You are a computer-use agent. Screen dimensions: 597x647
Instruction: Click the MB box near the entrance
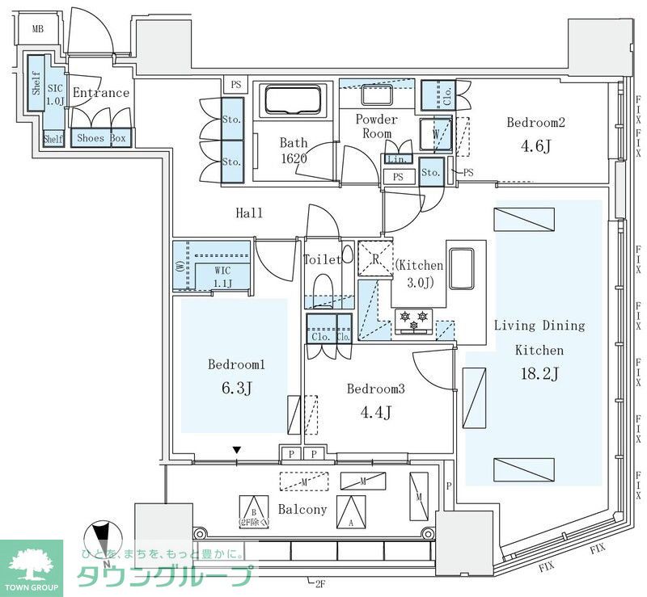(x=38, y=30)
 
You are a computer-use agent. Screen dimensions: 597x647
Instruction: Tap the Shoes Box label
(x=100, y=138)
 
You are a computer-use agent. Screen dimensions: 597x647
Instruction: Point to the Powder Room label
(x=376, y=126)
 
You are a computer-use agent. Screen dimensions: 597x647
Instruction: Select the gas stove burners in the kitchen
(x=413, y=320)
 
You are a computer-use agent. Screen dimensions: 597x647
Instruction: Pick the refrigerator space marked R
(x=375, y=259)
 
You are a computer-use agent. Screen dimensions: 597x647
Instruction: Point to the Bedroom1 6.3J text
(x=236, y=376)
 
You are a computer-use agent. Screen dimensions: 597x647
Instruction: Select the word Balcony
(x=302, y=509)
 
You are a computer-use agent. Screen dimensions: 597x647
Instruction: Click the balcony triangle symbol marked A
(x=350, y=511)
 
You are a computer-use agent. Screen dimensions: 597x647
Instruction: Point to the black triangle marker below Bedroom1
(x=236, y=450)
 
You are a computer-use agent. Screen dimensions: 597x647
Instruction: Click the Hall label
(x=249, y=213)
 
